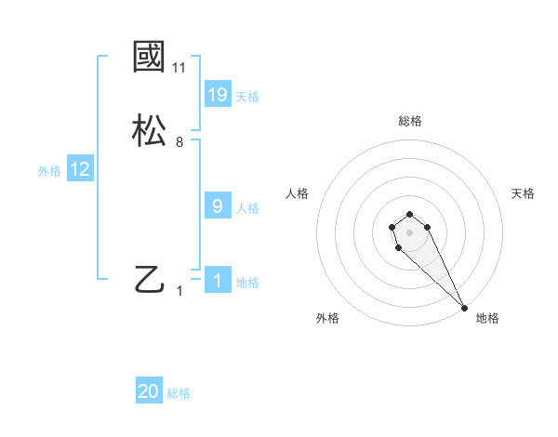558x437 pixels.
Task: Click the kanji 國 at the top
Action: pos(150,57)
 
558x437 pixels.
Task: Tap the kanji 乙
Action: pos(150,279)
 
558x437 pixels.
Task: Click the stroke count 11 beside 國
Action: pos(179,68)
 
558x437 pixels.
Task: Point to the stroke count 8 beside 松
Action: pos(179,142)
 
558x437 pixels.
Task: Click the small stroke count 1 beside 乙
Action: pos(179,290)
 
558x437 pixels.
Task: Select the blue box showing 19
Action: pos(218,95)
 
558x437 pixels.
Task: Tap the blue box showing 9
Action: pos(218,206)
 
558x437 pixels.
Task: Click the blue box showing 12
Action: pos(80,169)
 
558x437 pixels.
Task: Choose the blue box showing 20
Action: pos(149,391)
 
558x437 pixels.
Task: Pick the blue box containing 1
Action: pos(218,281)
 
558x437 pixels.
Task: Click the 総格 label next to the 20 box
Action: pos(179,393)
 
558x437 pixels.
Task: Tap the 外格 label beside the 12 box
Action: pos(49,171)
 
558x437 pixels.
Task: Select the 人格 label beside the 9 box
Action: pos(247,208)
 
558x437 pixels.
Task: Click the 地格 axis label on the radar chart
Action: pos(487,318)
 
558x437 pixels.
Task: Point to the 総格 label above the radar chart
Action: pos(409,121)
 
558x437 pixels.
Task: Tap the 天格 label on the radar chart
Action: pos(523,193)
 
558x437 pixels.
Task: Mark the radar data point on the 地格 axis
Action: pos(464,308)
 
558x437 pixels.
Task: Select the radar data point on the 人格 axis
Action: pos(392,227)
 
